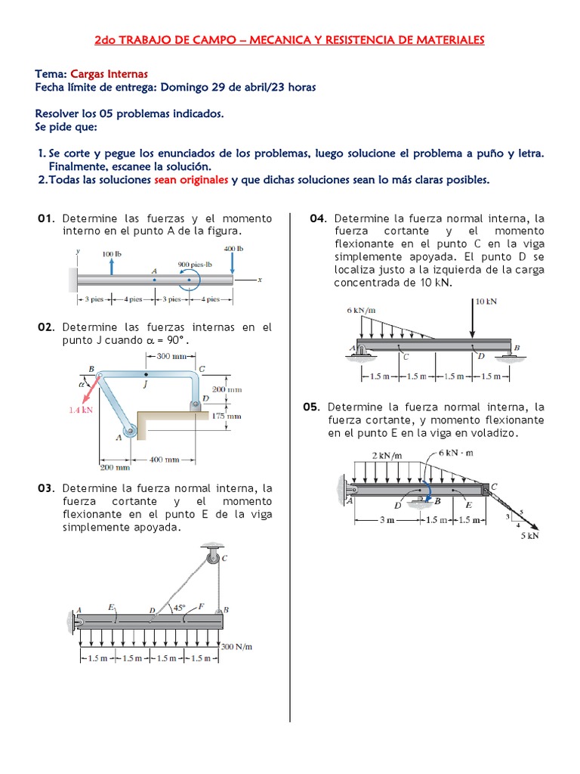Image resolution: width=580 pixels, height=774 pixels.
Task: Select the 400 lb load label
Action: pos(233,248)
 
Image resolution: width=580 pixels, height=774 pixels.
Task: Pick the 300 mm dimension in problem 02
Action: pos(173,355)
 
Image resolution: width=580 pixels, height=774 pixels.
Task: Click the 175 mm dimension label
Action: pos(226,416)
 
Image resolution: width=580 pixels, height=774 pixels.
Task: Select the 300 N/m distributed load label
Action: pos(236,646)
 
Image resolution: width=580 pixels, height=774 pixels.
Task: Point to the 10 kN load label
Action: pos(487,301)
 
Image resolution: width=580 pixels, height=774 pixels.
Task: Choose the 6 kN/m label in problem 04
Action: pos(361,311)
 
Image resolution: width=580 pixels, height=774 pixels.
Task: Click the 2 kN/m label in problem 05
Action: pos(387,455)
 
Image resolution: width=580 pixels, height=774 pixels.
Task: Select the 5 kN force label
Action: pos(531,536)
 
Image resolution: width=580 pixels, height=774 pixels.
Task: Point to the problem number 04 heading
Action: pos(317,218)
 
